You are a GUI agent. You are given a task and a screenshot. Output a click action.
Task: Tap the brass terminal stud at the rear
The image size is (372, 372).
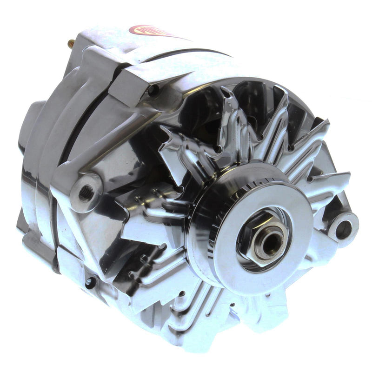coord(71,44)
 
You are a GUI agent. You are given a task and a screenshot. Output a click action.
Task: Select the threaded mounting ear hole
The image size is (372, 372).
coord(86,192)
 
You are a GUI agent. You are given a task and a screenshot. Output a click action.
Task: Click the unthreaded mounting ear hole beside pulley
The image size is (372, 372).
coord(344,228)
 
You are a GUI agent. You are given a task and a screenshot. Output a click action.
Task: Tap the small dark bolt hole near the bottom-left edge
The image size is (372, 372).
coord(89,282)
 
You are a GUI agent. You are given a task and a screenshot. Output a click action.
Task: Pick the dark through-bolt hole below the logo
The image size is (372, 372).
coord(152,91)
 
